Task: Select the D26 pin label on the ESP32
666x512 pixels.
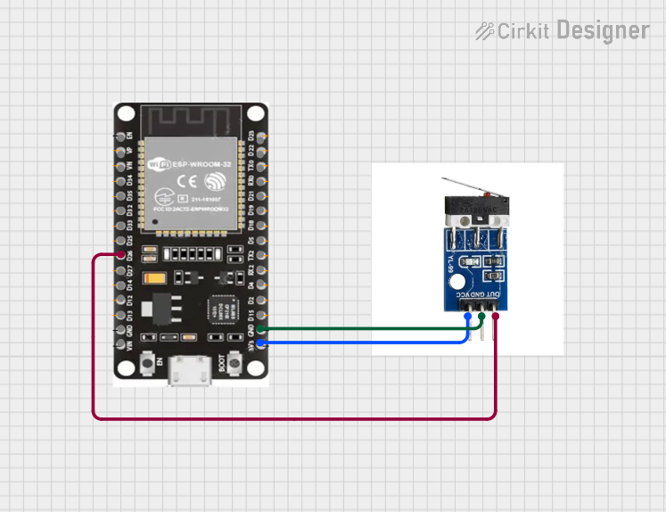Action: (x=130, y=256)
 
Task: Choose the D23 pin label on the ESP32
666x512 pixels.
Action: (x=251, y=136)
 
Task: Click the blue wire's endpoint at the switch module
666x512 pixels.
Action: (x=468, y=315)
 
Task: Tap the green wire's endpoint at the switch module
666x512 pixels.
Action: (x=482, y=315)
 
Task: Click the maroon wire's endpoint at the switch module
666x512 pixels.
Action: (x=496, y=315)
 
